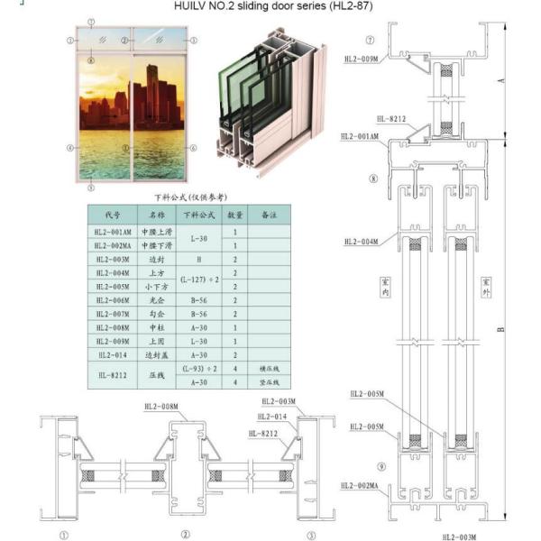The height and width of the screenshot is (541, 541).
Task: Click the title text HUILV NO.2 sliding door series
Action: pos(271,5)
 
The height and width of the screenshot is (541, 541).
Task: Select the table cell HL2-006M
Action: pos(112,298)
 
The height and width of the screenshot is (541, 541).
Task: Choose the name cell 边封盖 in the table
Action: pos(151,354)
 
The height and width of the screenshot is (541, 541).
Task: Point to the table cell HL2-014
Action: pos(112,354)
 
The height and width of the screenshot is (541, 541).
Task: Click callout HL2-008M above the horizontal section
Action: pos(161,407)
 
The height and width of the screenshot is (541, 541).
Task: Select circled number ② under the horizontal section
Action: pos(185,534)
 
